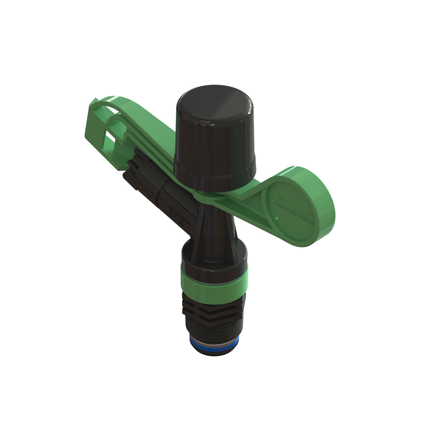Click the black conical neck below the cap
[x=214, y=223]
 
